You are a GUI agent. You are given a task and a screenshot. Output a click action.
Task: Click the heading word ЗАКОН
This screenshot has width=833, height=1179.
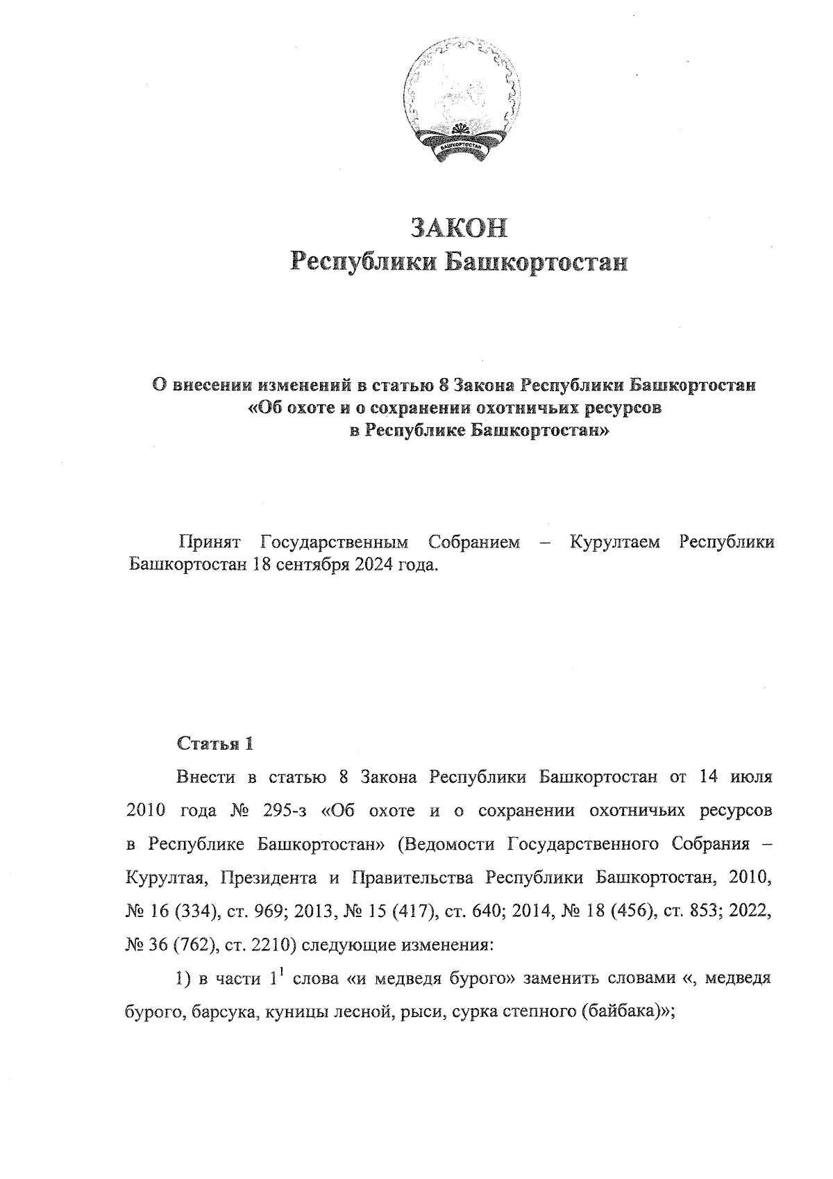459,228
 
